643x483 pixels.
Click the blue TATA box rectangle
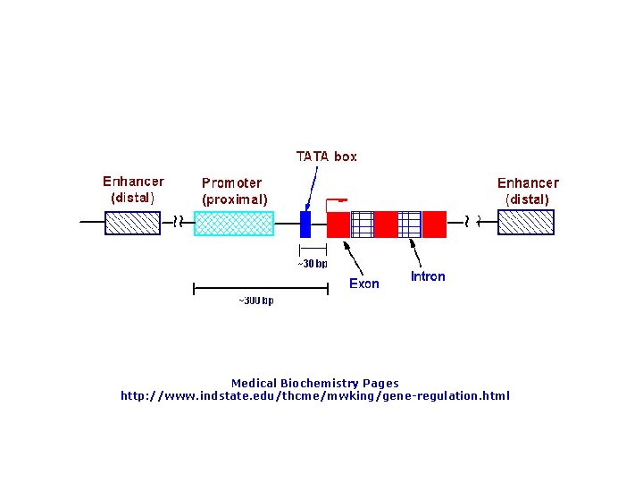[305, 224]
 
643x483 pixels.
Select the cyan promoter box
[234, 223]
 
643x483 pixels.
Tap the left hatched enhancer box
[132, 222]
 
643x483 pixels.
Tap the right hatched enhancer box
[525, 222]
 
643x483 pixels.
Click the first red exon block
[338, 224]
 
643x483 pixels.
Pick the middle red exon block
[386, 224]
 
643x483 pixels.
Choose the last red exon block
[434, 224]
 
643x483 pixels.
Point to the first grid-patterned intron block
[362, 224]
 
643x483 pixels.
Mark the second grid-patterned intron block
[410, 224]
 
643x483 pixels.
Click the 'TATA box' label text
[326, 157]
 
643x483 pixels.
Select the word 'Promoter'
[231, 182]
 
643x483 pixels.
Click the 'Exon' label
[363, 284]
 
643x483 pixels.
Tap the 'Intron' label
[428, 276]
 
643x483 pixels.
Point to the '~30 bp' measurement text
[312, 264]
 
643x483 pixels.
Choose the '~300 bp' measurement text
[255, 301]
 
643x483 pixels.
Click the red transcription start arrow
[336, 200]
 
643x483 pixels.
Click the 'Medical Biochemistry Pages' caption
[314, 383]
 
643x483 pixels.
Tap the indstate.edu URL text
[315, 395]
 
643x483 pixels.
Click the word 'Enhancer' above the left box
[133, 182]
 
